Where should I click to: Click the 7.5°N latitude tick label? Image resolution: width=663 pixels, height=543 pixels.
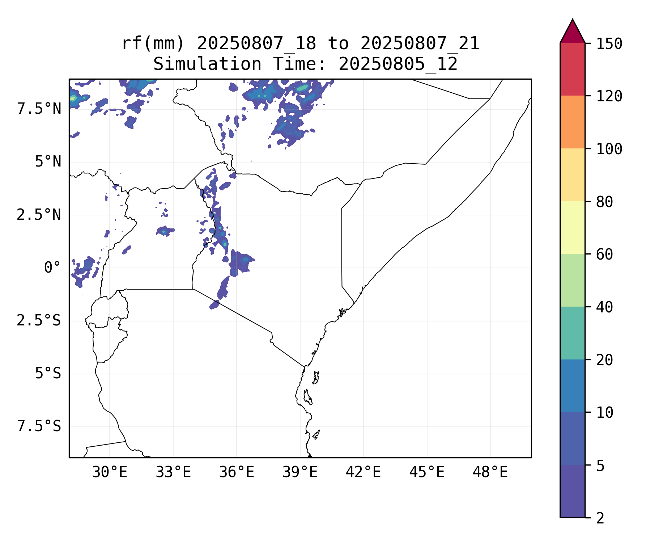[39, 109]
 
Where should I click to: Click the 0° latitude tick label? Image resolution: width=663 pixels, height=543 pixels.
[52, 268]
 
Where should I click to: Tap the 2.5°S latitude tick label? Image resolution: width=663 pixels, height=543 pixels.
[39, 321]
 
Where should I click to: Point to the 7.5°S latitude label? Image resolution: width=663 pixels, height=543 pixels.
[39, 426]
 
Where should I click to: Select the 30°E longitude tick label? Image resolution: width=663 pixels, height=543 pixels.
[110, 472]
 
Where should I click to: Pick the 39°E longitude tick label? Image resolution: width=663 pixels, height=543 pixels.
[300, 472]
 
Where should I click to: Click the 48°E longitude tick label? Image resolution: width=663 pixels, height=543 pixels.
[490, 472]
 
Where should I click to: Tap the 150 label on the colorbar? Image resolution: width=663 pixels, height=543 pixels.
[609, 44]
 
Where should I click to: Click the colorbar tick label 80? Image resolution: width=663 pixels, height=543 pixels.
[604, 202]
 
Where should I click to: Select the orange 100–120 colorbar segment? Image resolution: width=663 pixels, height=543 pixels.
[572, 122]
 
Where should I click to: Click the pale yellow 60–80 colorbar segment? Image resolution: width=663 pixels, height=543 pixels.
[572, 227]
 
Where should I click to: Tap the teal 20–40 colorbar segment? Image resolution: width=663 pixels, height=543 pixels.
[572, 333]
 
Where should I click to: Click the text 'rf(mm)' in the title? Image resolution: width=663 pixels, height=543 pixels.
[153, 44]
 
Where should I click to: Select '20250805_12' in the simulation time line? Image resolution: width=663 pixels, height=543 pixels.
[398, 64]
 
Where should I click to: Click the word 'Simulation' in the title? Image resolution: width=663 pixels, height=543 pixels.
[207, 64]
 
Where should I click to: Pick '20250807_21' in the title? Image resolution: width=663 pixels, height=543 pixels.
[420, 44]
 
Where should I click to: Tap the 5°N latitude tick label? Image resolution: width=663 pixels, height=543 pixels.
[48, 162]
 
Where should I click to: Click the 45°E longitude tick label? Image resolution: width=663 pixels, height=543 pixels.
[427, 472]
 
